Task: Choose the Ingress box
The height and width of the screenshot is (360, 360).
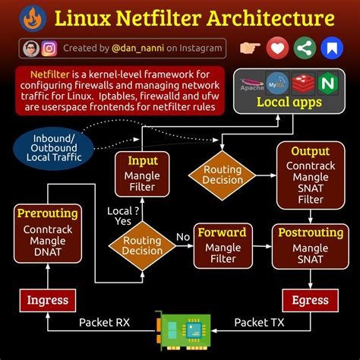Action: (47, 300)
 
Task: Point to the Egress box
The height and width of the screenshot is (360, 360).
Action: (311, 300)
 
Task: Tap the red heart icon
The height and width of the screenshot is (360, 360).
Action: (278, 49)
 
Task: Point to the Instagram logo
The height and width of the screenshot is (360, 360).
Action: (50, 49)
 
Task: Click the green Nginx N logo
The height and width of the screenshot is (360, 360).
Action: (328, 82)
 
